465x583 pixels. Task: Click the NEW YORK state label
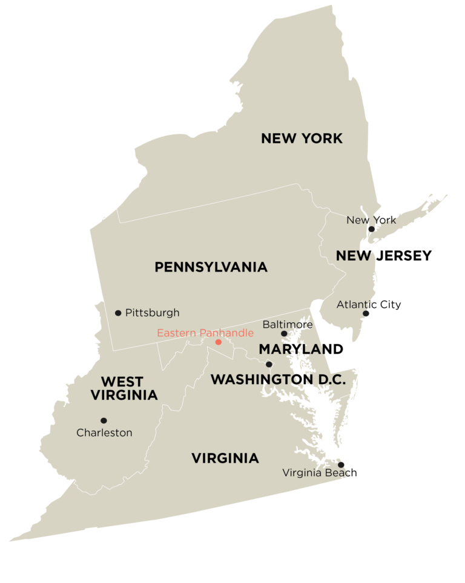point(302,138)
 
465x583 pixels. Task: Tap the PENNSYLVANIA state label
point(211,267)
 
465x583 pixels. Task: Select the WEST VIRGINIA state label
point(124,388)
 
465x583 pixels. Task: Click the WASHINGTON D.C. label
point(278,380)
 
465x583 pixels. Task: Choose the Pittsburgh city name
point(152,313)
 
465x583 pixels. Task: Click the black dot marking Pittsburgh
point(118,313)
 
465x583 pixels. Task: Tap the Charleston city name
point(104,433)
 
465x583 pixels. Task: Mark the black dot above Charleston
point(104,420)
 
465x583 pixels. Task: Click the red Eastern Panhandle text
point(205,333)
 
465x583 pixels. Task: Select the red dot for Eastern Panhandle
point(219,342)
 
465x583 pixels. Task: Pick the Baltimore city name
point(287,325)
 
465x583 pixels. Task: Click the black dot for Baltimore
point(284,333)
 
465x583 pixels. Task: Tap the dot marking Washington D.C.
point(269,364)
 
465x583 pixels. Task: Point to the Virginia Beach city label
point(317,473)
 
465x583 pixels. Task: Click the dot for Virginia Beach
point(340,465)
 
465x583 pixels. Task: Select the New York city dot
point(371,229)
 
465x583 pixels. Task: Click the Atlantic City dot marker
point(365,313)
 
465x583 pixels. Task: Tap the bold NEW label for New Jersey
point(354,256)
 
